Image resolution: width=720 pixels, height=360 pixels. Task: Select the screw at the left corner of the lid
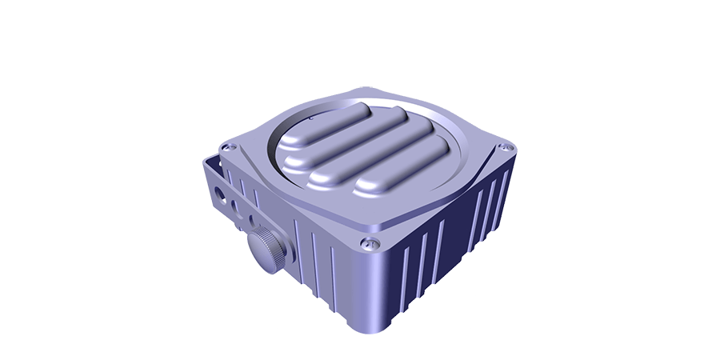click(228, 147)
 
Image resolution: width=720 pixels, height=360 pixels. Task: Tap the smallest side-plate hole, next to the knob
click(250, 217)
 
